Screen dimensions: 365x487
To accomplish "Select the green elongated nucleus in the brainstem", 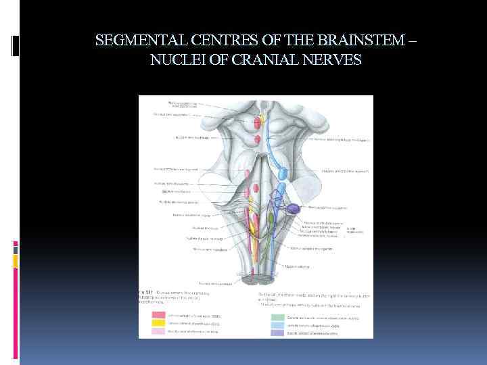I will coord(271,220).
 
